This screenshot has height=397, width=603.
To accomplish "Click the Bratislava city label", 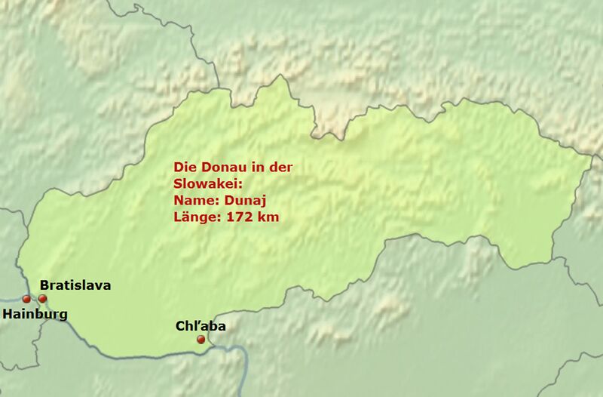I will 75,285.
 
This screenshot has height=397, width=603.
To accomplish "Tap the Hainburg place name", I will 35,313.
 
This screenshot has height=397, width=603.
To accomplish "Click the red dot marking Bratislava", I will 42,299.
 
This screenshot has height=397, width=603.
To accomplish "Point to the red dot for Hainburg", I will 26,300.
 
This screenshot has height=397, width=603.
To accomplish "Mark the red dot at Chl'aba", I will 200,340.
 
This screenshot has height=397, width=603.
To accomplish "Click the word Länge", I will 191,217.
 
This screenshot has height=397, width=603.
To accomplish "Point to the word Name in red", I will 190,201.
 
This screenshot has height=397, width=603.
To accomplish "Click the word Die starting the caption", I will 184,168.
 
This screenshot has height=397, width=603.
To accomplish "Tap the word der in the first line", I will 277,168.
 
